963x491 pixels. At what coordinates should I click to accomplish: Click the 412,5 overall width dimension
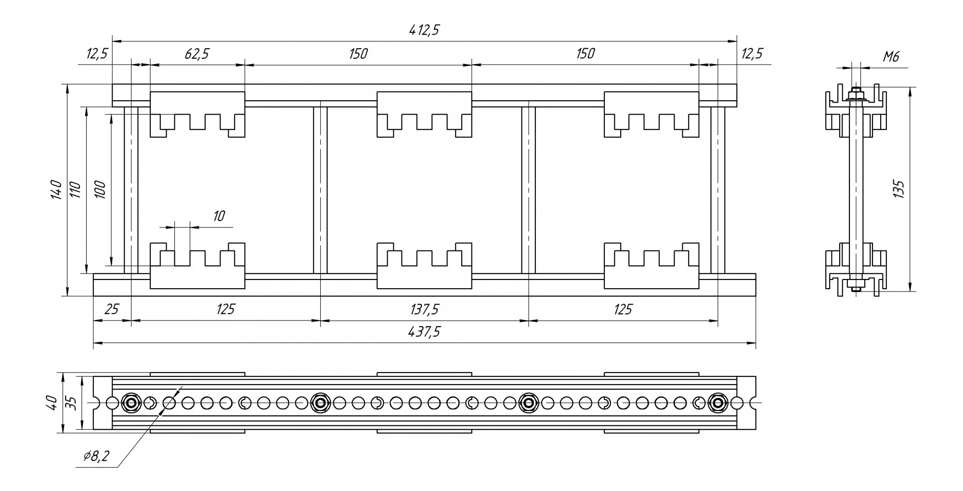coord(424,30)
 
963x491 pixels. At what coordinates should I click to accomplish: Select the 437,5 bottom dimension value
coord(424,332)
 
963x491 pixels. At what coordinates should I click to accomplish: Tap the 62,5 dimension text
coord(197,53)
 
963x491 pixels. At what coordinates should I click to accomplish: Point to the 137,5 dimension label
coord(424,309)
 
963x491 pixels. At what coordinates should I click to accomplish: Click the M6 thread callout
coord(891,57)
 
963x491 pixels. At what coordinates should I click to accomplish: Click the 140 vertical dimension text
coord(56,189)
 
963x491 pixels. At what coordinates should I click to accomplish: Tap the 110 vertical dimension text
coord(77,189)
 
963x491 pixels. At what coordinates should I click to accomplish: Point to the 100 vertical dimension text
coord(100,189)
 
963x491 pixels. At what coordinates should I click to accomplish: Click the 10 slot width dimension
coord(219,215)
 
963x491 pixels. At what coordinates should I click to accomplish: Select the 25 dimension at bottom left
coord(111,309)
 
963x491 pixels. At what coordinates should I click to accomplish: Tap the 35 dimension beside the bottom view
coord(71,402)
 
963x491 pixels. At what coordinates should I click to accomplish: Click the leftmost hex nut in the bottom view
coord(130,402)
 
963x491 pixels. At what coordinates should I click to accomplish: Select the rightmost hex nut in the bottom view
coord(718,402)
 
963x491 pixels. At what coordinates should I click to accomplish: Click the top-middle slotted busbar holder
coord(424,115)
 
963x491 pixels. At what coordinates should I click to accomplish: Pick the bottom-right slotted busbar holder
coord(651,265)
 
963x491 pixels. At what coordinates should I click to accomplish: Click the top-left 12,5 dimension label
coord(97,53)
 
